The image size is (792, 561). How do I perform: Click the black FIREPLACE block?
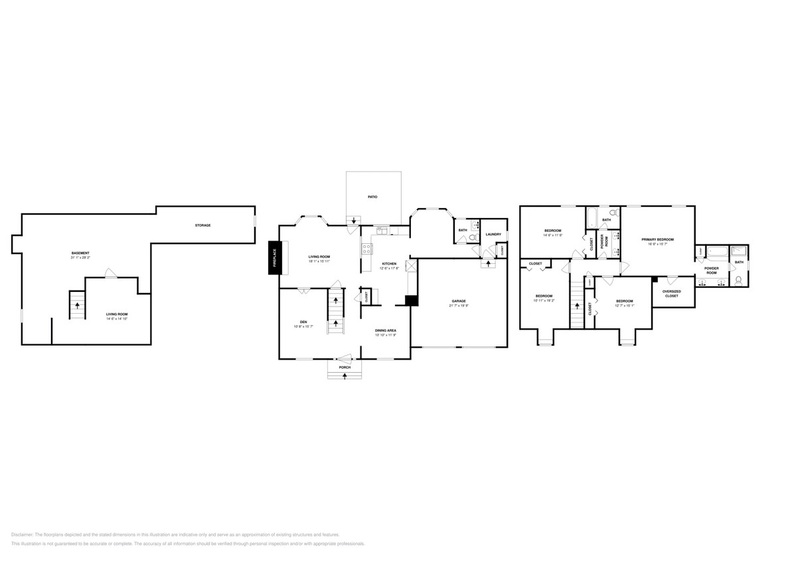[273, 257]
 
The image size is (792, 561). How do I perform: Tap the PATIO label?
[373, 197]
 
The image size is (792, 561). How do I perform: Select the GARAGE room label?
[459, 301]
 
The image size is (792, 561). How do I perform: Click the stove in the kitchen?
[366, 249]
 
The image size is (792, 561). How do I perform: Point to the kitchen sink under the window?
[382, 231]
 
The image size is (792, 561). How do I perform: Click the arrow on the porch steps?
[345, 376]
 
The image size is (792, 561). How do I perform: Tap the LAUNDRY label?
[493, 234]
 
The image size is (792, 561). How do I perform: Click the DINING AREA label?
[386, 330]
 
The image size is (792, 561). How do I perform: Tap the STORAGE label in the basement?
[202, 225]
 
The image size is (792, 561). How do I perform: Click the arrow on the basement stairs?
[78, 306]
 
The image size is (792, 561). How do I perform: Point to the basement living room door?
[112, 274]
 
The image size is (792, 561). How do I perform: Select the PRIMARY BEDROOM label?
[657, 239]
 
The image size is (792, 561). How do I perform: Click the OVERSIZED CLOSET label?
[671, 294]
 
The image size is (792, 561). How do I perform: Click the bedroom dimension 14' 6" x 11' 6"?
[552, 235]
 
